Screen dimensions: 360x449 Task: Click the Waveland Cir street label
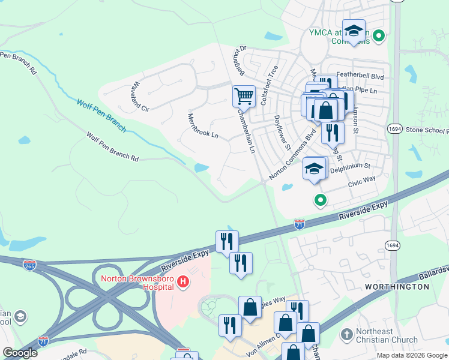tap(141, 97)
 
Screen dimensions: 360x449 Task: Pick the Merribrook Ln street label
tap(202, 125)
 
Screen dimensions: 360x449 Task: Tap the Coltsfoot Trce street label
tap(269, 85)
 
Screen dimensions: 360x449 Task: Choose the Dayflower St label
tap(282, 133)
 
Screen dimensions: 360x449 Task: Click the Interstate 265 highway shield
tap(28, 264)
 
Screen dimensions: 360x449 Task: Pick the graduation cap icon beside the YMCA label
tap(354, 31)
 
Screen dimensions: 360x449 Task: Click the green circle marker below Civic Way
tap(321, 200)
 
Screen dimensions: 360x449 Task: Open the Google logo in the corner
tap(20, 353)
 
